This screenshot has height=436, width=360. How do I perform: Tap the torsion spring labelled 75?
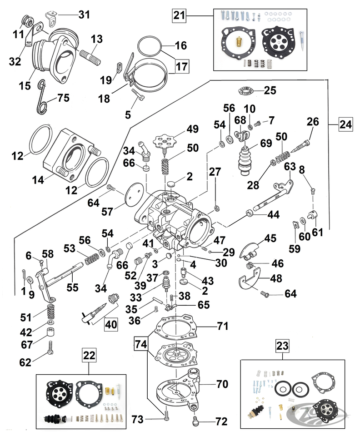pos(42,95)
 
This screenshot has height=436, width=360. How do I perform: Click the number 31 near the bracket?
pos(84,15)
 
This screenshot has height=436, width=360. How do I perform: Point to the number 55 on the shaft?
pos(72,287)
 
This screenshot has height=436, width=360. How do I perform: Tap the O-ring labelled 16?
pos(150,45)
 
